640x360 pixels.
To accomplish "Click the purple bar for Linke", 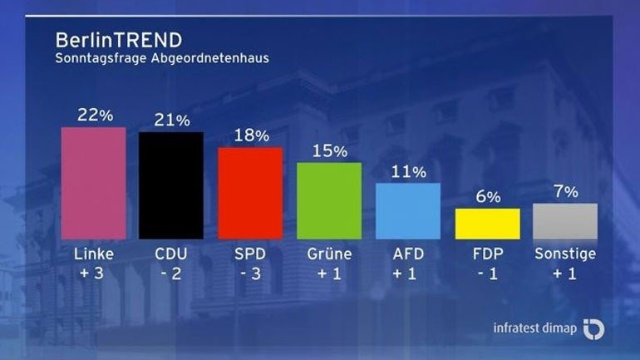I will coord(94,183).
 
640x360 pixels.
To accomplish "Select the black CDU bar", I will coord(170,185).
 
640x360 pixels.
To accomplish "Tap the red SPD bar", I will coord(249,193).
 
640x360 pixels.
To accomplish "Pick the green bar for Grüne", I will coord(329,200).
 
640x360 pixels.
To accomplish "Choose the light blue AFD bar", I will coord(408,211).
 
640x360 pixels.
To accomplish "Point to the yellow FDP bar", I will coord(487,224).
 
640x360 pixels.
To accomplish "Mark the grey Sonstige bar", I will coord(565,221).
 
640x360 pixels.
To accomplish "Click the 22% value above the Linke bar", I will coord(95,116).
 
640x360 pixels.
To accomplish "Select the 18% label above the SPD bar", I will coord(250,136).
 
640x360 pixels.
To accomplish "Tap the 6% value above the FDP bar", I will coord(488,197).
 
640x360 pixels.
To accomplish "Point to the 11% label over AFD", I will coord(408,172).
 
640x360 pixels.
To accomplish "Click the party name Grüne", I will coord(329,254).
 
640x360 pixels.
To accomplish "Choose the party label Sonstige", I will coord(565,254).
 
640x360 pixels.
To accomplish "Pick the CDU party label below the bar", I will coord(170,254).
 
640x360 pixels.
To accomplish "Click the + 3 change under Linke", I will coord(94,274).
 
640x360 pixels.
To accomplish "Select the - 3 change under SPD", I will coord(249,274).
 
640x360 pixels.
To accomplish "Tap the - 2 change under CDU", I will coord(170,274).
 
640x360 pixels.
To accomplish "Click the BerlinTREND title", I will coord(119,40).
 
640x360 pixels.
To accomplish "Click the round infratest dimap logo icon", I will coord(593,328).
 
